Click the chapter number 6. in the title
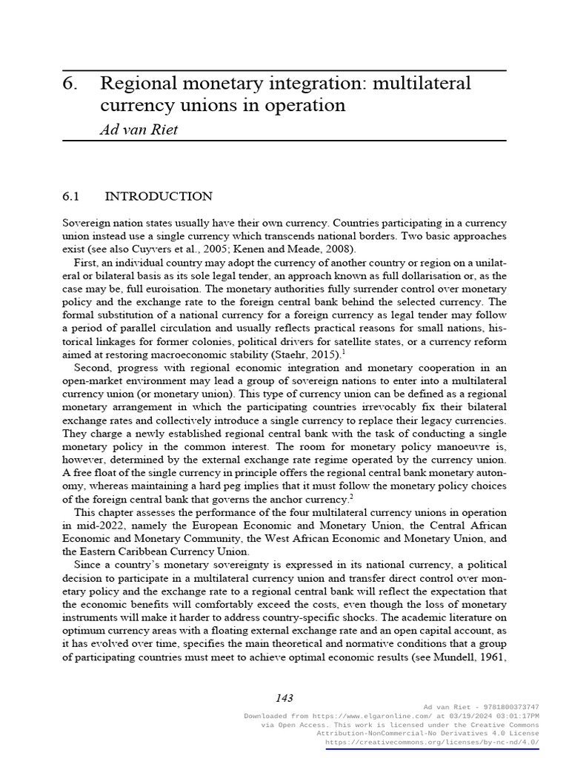[70, 84]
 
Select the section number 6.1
[70, 196]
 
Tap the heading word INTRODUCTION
[159, 196]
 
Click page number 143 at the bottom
[284, 697]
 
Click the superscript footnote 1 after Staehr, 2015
[342, 352]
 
